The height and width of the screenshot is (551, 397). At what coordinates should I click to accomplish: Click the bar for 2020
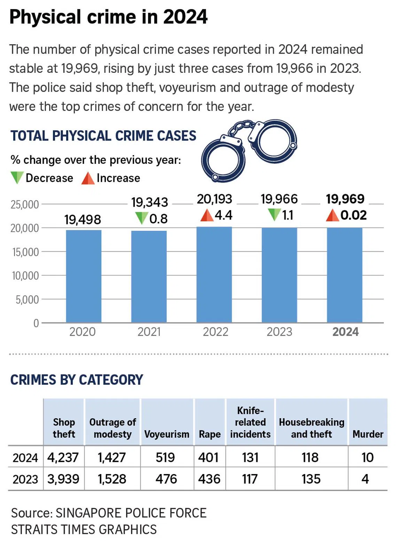click(x=84, y=276)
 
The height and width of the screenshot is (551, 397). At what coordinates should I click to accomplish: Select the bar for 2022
click(x=214, y=275)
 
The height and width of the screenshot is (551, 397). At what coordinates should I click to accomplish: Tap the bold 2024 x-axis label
click(x=345, y=332)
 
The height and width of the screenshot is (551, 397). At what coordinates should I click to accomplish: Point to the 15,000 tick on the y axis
click(x=25, y=252)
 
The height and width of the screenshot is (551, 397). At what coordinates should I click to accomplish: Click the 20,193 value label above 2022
click(x=214, y=199)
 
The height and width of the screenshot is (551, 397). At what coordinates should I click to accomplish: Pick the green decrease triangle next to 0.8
click(x=141, y=218)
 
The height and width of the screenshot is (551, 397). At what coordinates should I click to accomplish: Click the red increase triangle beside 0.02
click(x=332, y=215)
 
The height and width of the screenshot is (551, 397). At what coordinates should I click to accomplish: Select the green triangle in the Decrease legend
click(x=17, y=178)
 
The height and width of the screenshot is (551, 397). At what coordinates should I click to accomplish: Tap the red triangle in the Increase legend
click(x=88, y=178)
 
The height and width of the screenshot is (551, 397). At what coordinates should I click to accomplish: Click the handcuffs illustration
click(x=249, y=150)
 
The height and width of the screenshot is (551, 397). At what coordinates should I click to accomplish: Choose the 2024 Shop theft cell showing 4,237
click(x=63, y=457)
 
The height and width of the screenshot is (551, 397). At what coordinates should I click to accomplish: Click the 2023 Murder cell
click(x=365, y=479)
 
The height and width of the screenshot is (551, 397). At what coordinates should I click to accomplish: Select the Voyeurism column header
click(x=166, y=434)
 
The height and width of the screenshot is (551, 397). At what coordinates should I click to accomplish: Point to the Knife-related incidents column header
click(x=250, y=422)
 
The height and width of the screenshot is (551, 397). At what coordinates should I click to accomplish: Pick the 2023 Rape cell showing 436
click(x=209, y=479)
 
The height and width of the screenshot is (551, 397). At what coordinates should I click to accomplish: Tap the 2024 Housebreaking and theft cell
click(x=310, y=457)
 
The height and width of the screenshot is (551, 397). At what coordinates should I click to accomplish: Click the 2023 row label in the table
click(x=25, y=479)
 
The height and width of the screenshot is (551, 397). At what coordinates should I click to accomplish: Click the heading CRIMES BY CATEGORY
click(x=77, y=380)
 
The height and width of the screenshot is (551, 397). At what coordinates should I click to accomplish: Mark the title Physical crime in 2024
click(x=108, y=17)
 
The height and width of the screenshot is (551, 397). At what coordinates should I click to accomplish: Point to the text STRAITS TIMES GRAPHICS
click(x=84, y=529)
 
